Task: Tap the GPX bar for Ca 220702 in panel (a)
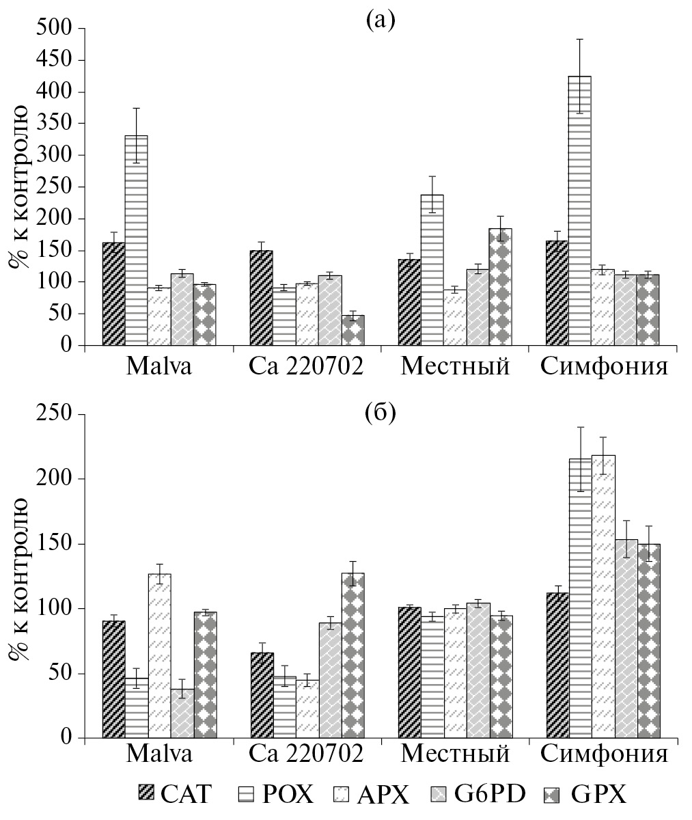(x=352, y=330)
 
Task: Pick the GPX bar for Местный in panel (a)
(x=501, y=287)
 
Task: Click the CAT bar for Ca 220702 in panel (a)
(x=261, y=298)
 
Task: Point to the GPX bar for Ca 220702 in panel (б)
(x=352, y=655)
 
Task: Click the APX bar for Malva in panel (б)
(x=159, y=656)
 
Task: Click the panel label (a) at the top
(x=380, y=21)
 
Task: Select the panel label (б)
(x=380, y=413)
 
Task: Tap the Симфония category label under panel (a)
(x=604, y=368)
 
